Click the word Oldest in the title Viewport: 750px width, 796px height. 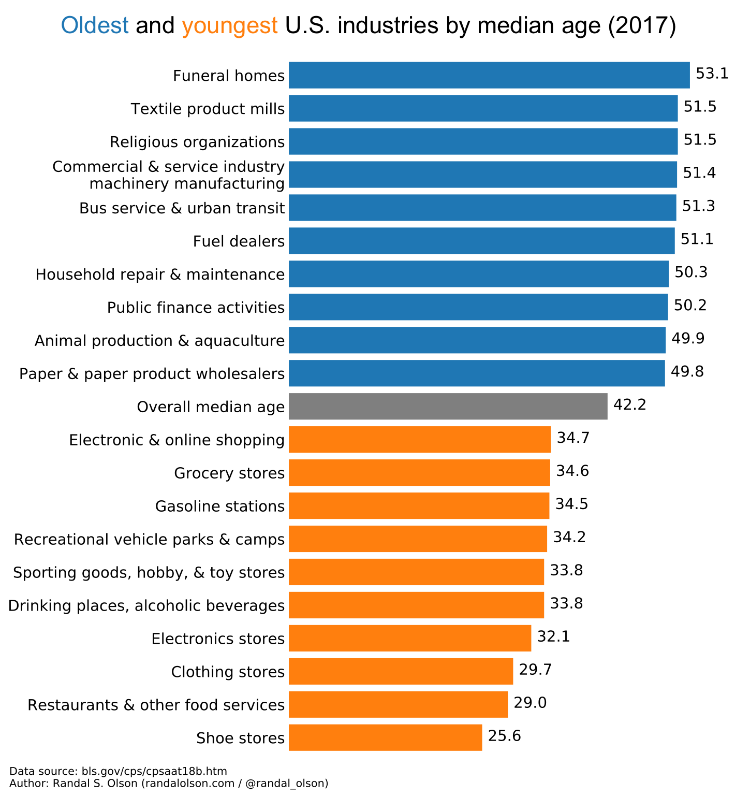95,25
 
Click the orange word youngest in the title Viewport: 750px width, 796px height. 229,25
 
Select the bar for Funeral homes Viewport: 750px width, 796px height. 489,75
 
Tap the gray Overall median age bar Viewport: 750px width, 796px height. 448,406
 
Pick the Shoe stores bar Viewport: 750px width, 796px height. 385,737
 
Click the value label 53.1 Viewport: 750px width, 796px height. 712,74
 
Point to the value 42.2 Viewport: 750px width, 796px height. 629,404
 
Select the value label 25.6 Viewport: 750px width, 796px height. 504,736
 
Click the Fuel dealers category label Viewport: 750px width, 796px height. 239,241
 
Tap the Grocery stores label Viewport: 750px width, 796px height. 229,473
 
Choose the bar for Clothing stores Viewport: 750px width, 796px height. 401,671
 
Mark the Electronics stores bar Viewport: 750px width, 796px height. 409,638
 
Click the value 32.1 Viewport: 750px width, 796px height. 553,636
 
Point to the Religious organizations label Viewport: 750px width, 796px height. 197,142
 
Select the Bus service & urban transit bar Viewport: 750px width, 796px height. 482,208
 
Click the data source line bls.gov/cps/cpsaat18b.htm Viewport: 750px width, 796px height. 118,771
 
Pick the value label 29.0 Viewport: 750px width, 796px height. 530,703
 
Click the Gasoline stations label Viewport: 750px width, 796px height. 220,506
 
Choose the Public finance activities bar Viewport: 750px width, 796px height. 478,307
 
